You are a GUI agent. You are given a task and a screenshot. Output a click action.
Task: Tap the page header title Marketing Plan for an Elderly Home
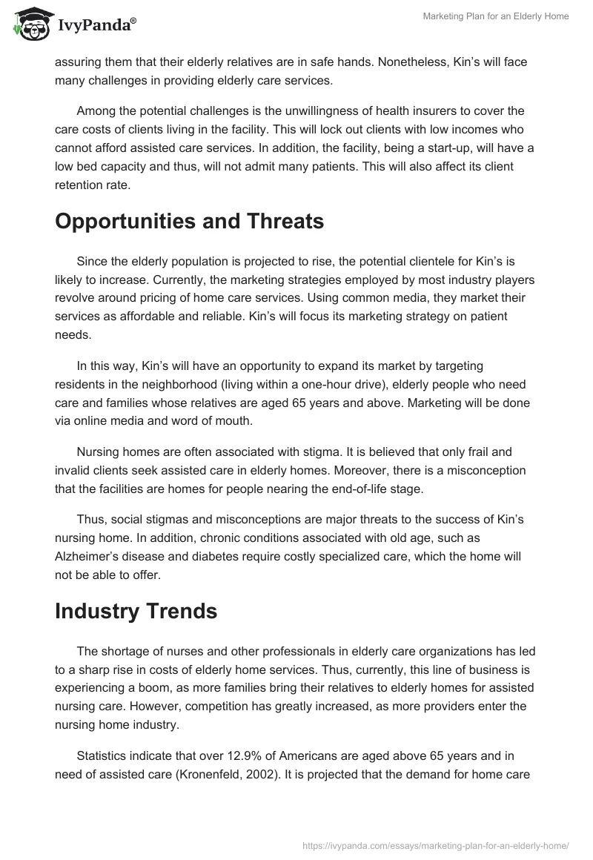(x=496, y=16)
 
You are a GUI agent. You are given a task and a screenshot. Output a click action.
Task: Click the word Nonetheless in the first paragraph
(x=413, y=63)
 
